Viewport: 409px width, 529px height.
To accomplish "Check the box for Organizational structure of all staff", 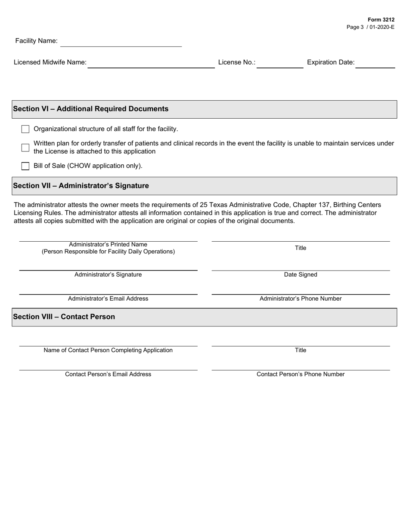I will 25,129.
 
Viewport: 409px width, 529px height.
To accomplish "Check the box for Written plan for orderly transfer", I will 25,148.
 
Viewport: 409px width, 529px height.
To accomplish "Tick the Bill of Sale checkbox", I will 25,166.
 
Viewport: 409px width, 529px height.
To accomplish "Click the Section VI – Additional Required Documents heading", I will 91,109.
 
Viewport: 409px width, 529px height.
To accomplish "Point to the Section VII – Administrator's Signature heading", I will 81,186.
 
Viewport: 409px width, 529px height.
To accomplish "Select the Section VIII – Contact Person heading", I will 64,317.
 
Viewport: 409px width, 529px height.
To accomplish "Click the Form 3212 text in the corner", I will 381,20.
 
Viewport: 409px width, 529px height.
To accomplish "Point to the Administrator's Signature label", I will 108,275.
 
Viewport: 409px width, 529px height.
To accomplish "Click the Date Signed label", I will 301,275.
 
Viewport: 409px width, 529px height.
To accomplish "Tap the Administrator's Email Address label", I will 108,299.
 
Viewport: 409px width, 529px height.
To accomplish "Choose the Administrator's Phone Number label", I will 301,299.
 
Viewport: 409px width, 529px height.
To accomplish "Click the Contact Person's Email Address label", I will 108,375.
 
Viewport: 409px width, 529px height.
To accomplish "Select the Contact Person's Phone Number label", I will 301,375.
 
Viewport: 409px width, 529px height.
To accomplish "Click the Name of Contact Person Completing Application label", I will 108,351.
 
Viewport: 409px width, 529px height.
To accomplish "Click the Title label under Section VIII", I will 301,351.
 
